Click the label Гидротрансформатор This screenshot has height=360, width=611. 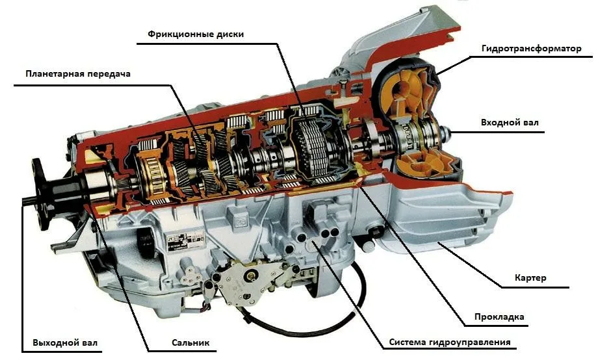coord(531,49)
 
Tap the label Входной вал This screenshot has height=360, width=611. coord(509,122)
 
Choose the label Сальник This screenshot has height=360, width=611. coord(191,342)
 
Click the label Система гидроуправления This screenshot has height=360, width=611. coord(450,342)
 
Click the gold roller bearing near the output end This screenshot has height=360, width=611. coord(148,172)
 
